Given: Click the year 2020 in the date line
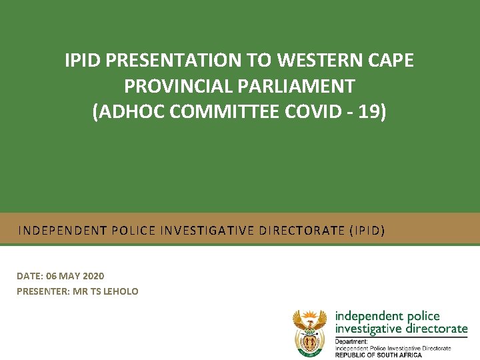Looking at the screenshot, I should (x=93, y=276).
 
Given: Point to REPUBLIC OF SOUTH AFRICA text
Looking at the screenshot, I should (x=379, y=355).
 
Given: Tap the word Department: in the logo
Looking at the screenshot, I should (x=352, y=341).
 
